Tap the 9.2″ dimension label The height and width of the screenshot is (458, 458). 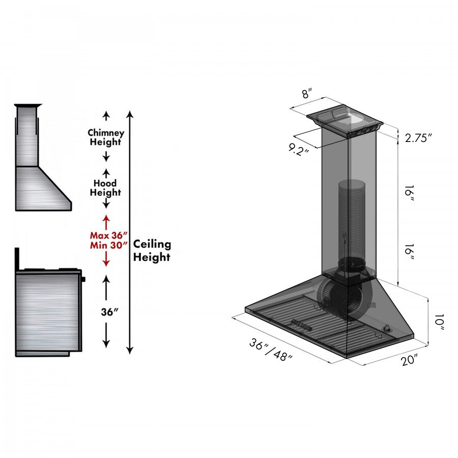[x=299, y=150]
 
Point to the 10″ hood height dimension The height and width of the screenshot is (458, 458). [x=439, y=322]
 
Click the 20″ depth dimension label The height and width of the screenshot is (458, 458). [x=409, y=361]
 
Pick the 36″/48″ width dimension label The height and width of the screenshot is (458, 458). [x=271, y=350]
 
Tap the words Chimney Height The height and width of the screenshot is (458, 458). [x=106, y=137]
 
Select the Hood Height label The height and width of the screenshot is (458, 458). [x=105, y=188]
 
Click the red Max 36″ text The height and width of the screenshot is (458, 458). [x=108, y=236]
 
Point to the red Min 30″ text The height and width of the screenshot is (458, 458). [x=108, y=245]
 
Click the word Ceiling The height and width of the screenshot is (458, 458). [x=152, y=244]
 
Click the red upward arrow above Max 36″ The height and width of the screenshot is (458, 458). [x=106, y=221]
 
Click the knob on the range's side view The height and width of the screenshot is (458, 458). [x=83, y=278]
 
